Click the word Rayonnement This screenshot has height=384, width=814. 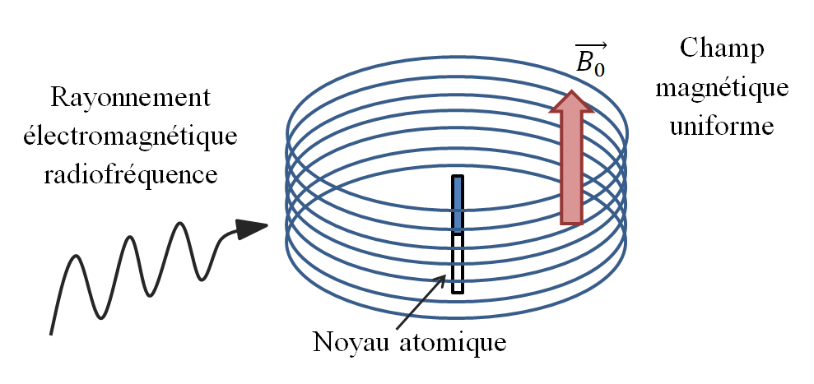pos(130,99)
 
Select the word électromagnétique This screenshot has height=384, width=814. pos(130,136)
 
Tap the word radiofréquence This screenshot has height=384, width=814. pos(130,174)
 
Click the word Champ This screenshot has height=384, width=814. pos(722,51)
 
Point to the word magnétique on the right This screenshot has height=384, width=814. pos(722,89)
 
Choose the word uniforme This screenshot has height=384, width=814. pos(722,127)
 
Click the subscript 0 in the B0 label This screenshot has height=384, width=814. pos(600,70)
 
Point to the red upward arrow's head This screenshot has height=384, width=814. pos(571,104)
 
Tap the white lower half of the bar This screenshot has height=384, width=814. pos(458,263)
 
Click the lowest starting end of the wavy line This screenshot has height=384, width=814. pos(51,333)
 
